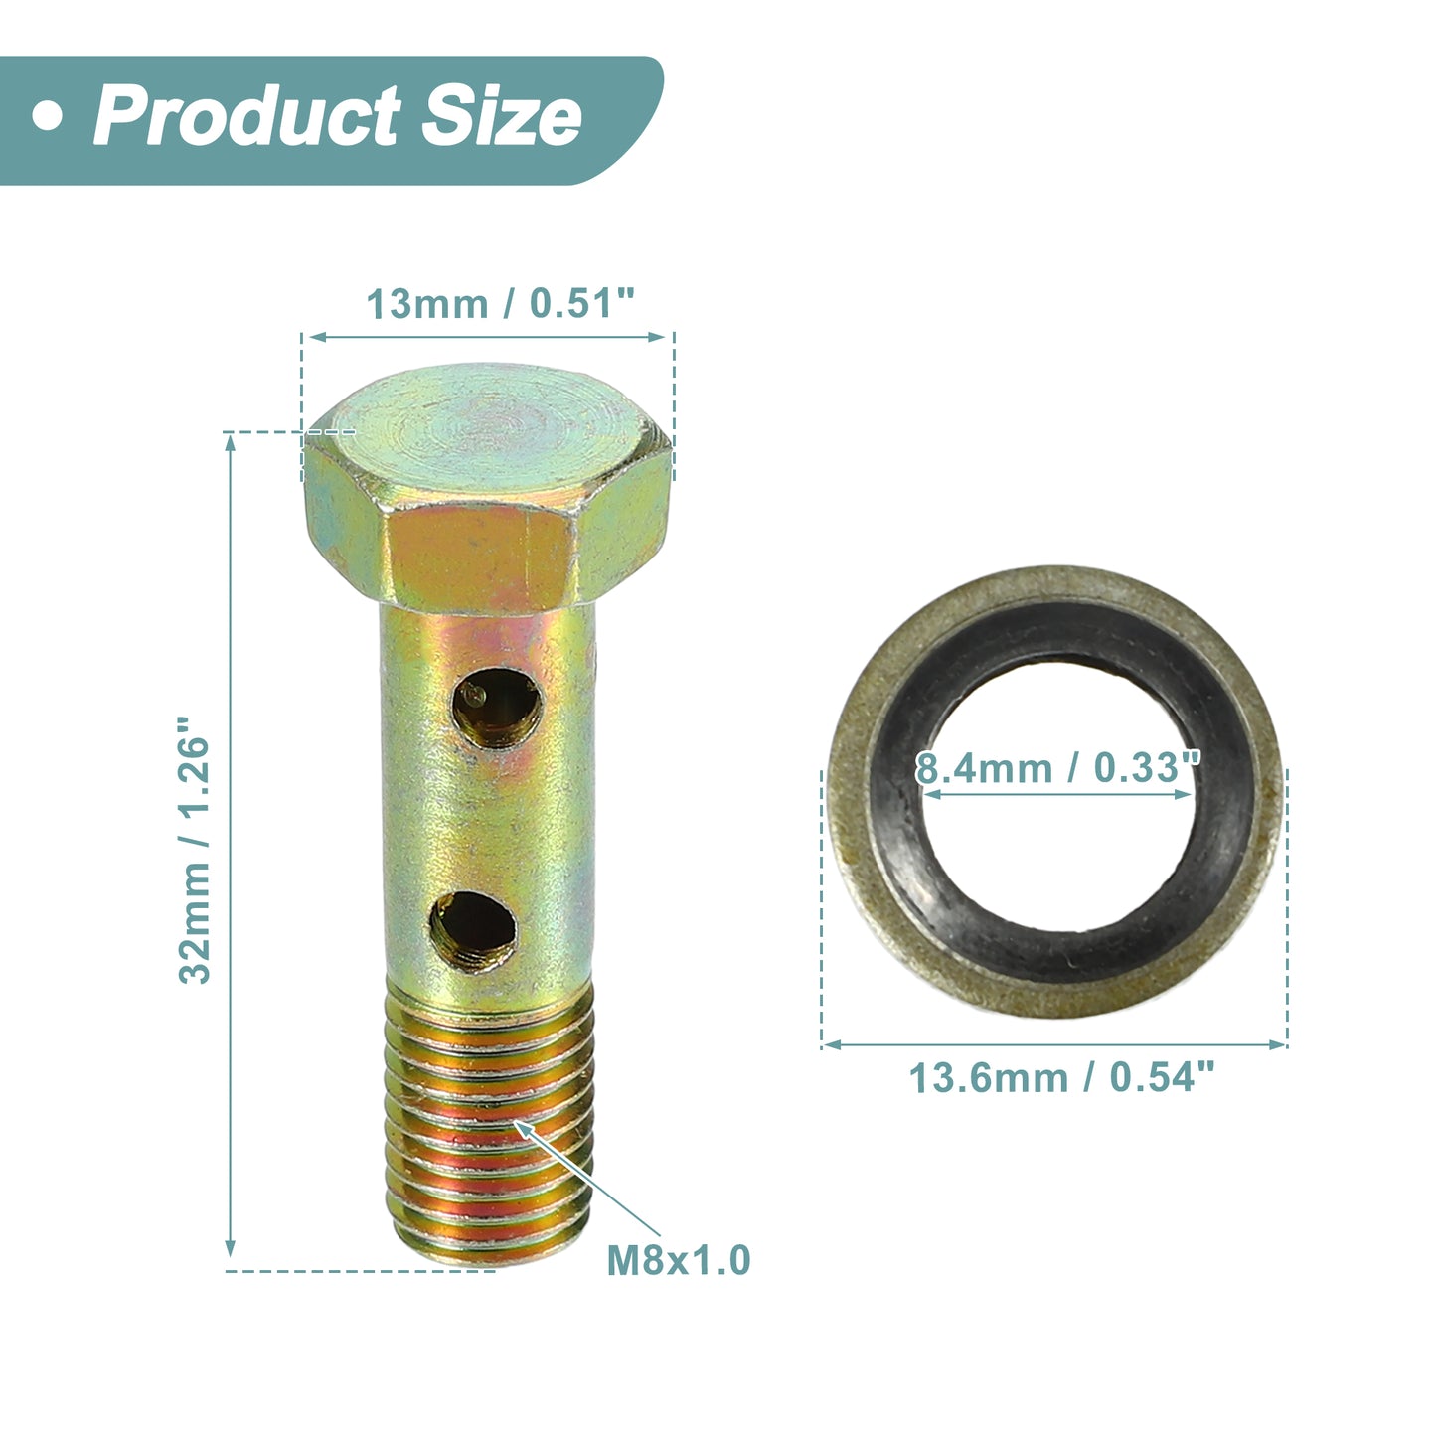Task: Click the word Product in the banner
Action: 246,116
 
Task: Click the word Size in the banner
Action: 502,116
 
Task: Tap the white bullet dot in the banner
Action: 47,117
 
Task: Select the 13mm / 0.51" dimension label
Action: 500,304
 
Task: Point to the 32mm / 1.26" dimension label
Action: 195,851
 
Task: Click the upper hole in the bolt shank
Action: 497,709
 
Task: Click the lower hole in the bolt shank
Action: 473,931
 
